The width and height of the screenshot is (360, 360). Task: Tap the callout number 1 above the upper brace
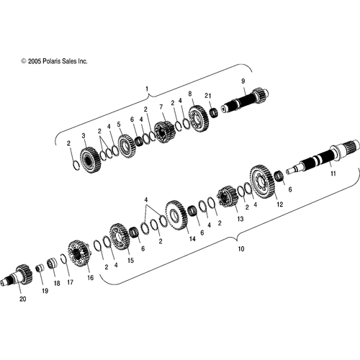coord(147,89)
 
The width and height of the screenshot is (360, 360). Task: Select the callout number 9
coord(243,81)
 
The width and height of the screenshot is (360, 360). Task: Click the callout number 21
coord(208,96)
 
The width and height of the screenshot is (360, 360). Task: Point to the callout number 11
coord(333,174)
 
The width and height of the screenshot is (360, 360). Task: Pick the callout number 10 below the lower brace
coord(241,248)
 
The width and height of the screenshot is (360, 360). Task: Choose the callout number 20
coord(22,299)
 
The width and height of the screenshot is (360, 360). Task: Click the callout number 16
coord(90,278)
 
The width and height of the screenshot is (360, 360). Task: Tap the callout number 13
coord(240,219)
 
